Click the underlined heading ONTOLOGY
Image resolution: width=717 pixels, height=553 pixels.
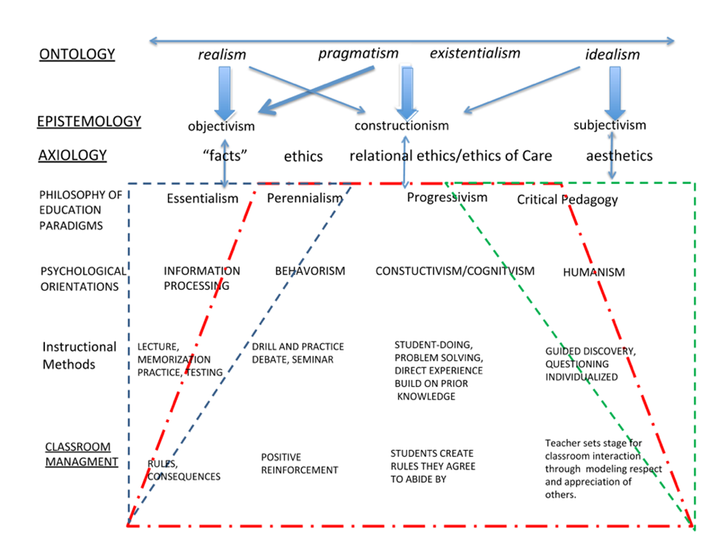[x=77, y=54]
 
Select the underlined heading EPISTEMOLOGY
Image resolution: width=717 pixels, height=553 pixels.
[x=89, y=121]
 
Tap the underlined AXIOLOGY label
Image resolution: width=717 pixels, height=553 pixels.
[x=73, y=155]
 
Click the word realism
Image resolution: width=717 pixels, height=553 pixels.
[x=222, y=55]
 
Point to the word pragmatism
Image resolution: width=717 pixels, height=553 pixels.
[x=358, y=53]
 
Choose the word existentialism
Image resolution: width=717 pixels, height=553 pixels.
[x=474, y=53]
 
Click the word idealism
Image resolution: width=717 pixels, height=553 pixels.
[x=612, y=55]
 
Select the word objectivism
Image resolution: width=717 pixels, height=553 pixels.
[x=221, y=126]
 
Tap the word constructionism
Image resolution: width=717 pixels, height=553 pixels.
[x=402, y=125]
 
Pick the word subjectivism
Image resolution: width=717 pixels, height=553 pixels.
[x=610, y=125]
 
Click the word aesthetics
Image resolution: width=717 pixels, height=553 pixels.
[x=619, y=156]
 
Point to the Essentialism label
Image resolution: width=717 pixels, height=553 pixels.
[x=202, y=198]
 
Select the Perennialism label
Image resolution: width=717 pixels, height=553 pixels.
[x=305, y=198]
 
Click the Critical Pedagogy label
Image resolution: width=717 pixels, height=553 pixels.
[x=567, y=200]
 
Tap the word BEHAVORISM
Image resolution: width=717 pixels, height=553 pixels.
[x=310, y=271]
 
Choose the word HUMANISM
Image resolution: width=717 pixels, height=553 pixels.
[x=593, y=272]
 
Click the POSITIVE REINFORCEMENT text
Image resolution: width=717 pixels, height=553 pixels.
[x=300, y=464]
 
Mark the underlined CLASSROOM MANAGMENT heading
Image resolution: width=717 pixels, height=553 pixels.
[x=81, y=454]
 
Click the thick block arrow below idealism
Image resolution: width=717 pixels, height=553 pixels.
[x=615, y=93]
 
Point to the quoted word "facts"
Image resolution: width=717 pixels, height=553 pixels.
[x=224, y=156]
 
